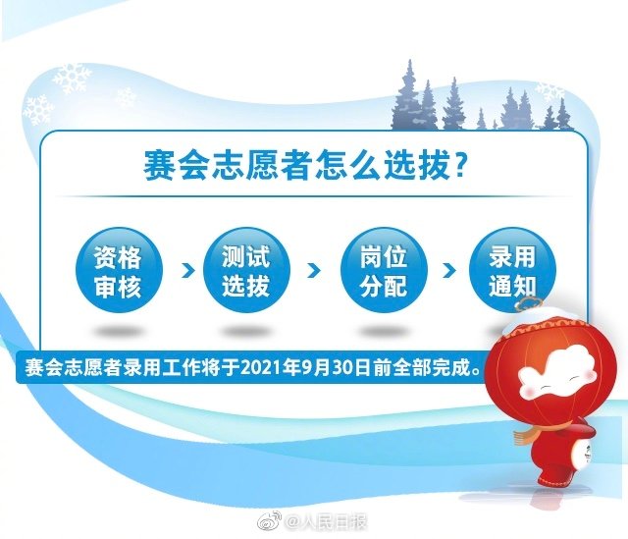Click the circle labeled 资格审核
[117, 272]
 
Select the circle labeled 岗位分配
[374, 272]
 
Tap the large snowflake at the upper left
[71, 78]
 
